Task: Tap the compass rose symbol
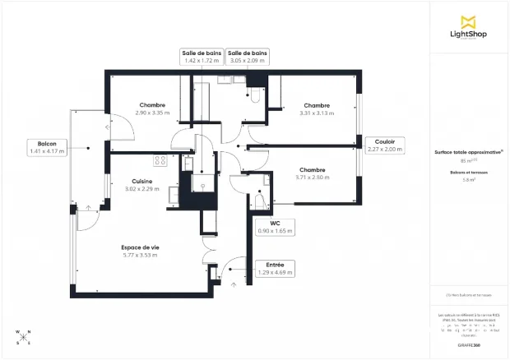coord(22,336)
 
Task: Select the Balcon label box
coord(46,146)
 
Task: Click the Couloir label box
coord(384,145)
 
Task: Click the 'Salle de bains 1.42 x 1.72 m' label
coord(202,56)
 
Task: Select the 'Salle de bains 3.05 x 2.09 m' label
coord(247,56)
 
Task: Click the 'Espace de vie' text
coord(139,247)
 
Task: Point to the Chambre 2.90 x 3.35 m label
coord(152,108)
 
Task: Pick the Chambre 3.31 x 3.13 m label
coord(317,108)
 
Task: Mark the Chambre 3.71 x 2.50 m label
coord(313,173)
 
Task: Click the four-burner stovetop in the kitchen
coord(160,160)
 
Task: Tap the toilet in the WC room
coord(259,200)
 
